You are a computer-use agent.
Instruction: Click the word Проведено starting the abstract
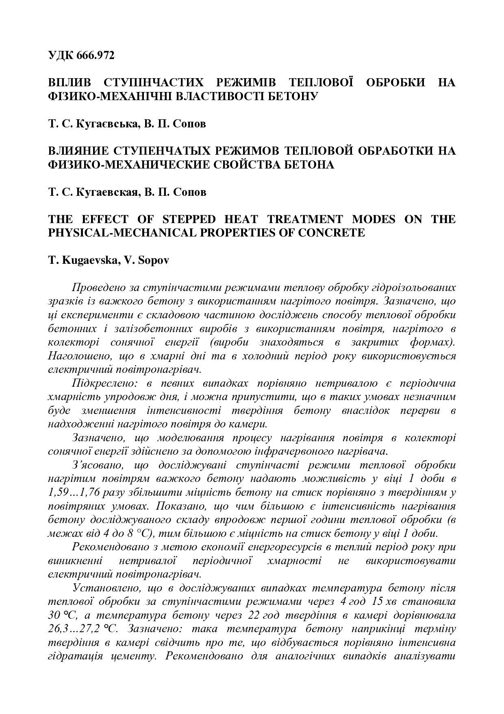click(97, 288)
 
